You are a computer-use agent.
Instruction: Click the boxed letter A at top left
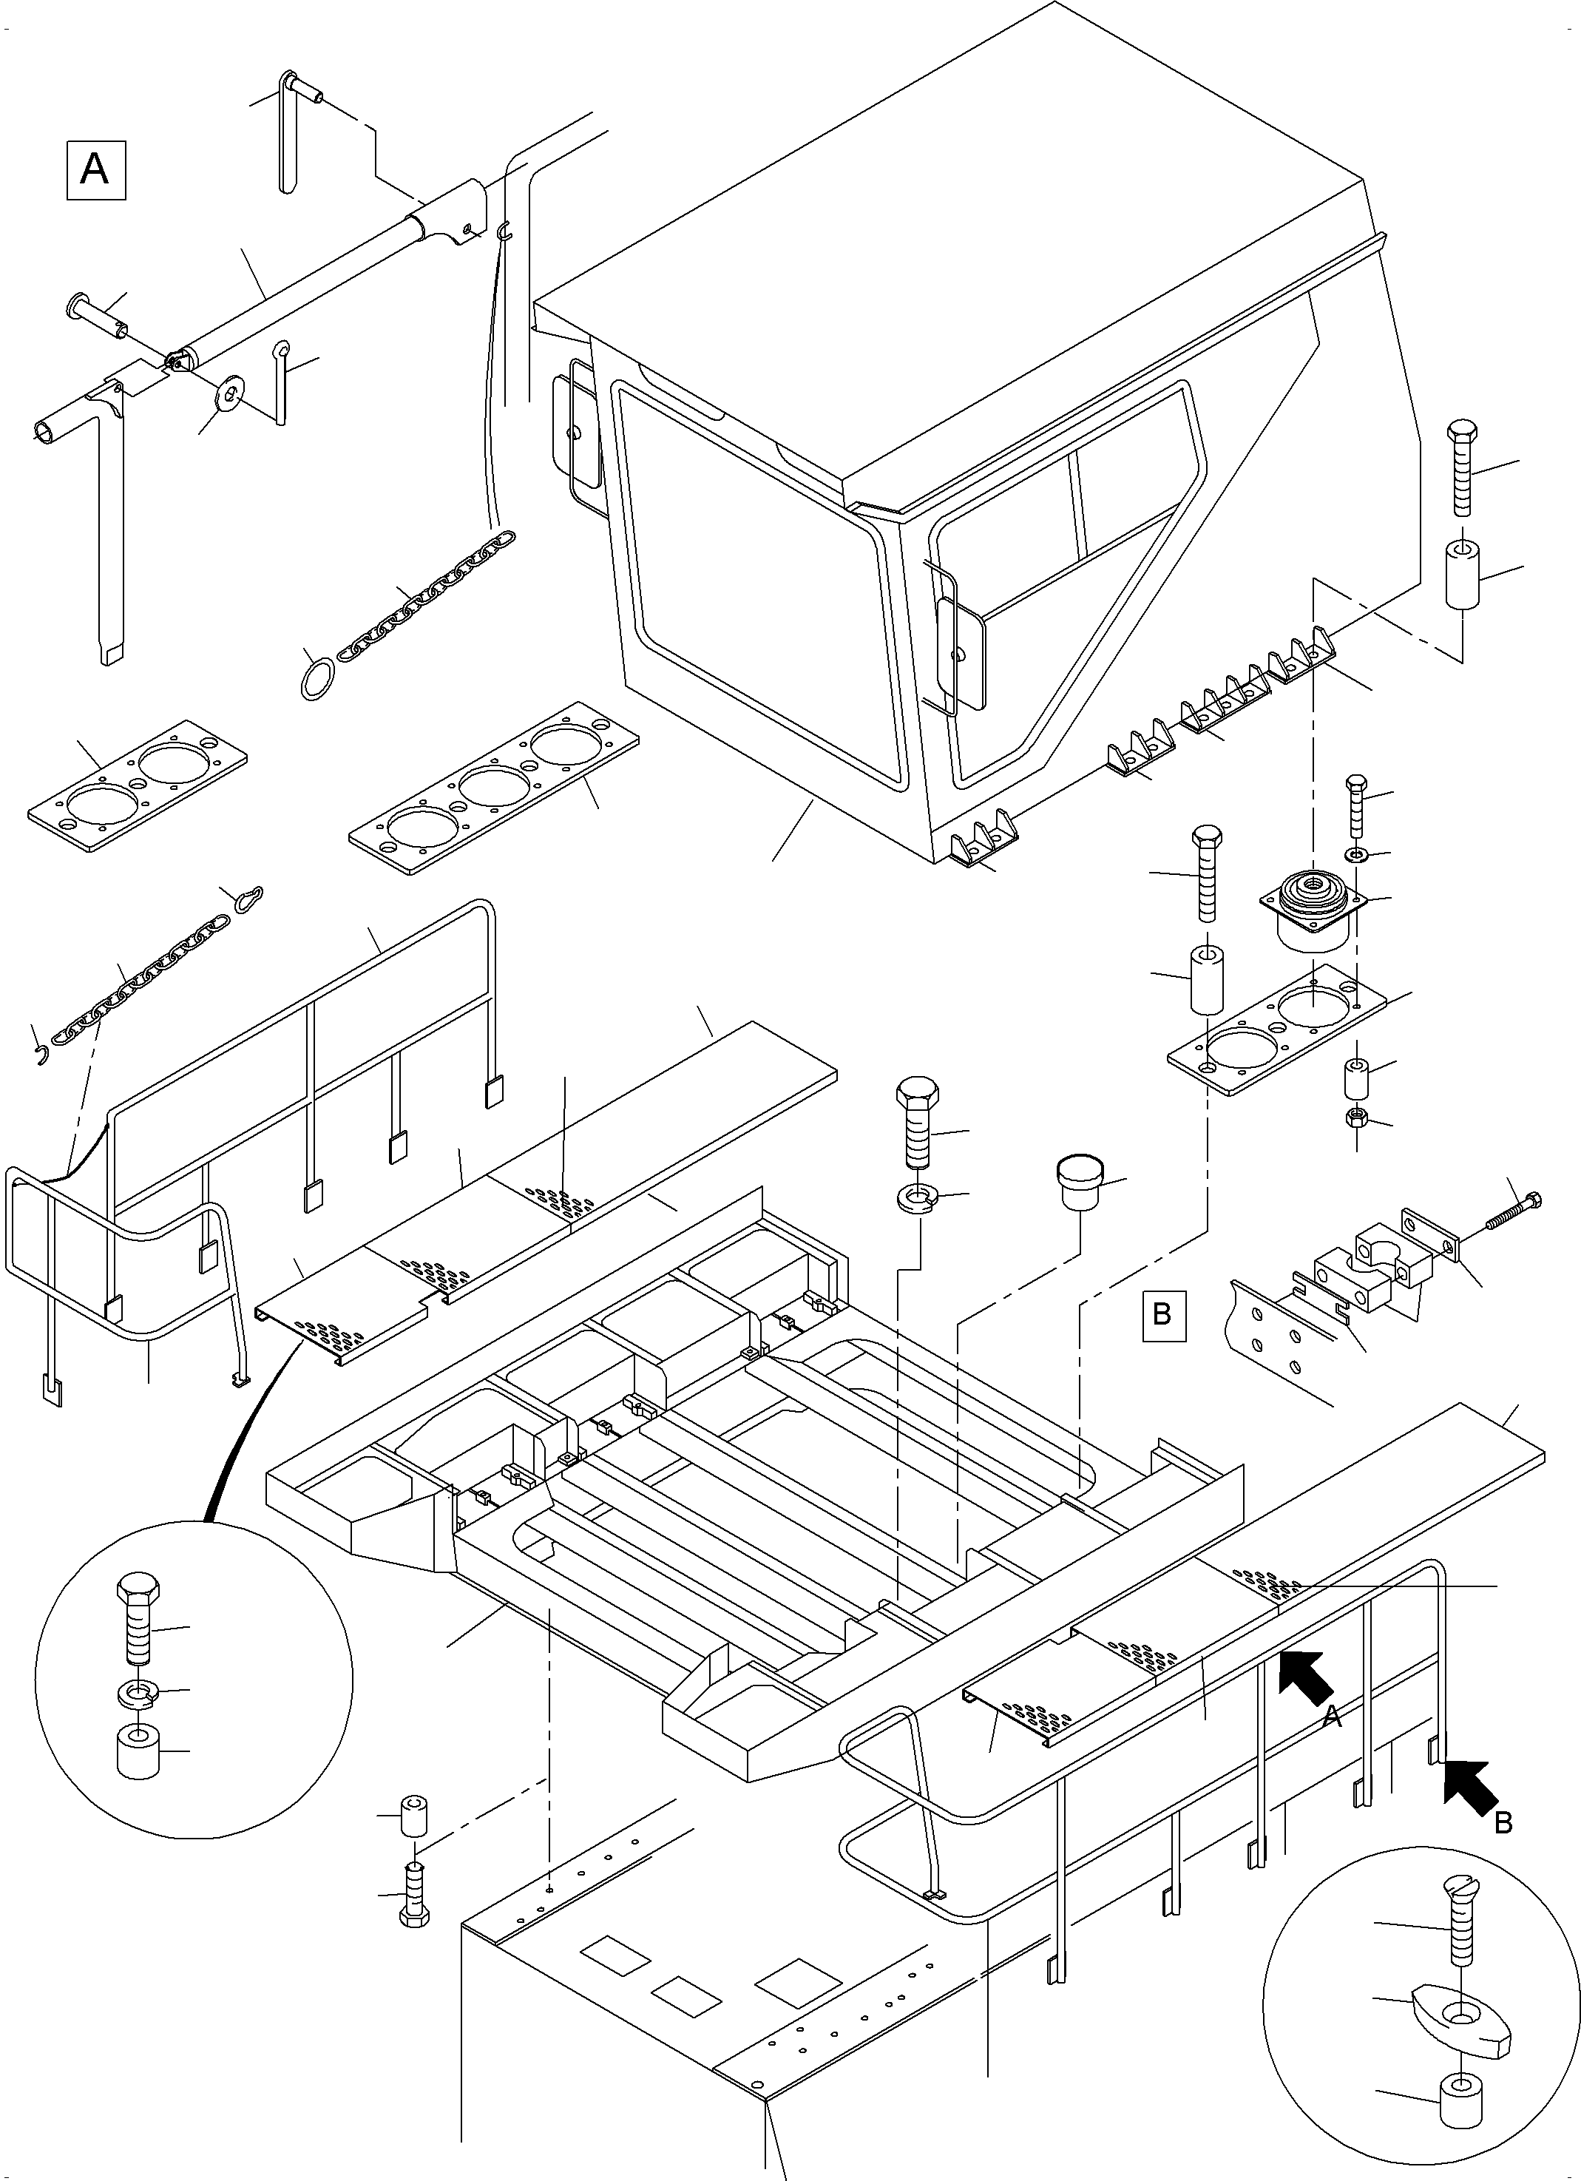point(95,170)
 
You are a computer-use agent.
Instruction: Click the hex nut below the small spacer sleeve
point(1357,1118)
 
